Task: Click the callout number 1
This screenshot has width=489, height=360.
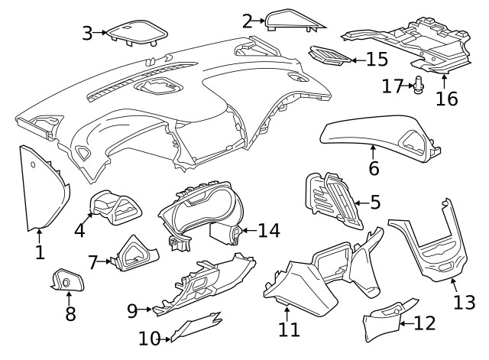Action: point(40,251)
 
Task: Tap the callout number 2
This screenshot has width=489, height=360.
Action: point(248,21)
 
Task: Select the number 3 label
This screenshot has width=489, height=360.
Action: point(88,32)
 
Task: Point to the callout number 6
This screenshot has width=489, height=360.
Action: point(374,168)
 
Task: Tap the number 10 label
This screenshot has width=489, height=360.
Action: point(150,337)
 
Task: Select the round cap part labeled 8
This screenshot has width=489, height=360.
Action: point(63,284)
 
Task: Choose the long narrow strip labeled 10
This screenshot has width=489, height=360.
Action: point(195,324)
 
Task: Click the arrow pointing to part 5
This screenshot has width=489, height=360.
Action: point(360,203)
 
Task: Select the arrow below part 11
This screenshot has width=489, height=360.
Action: point(287,313)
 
